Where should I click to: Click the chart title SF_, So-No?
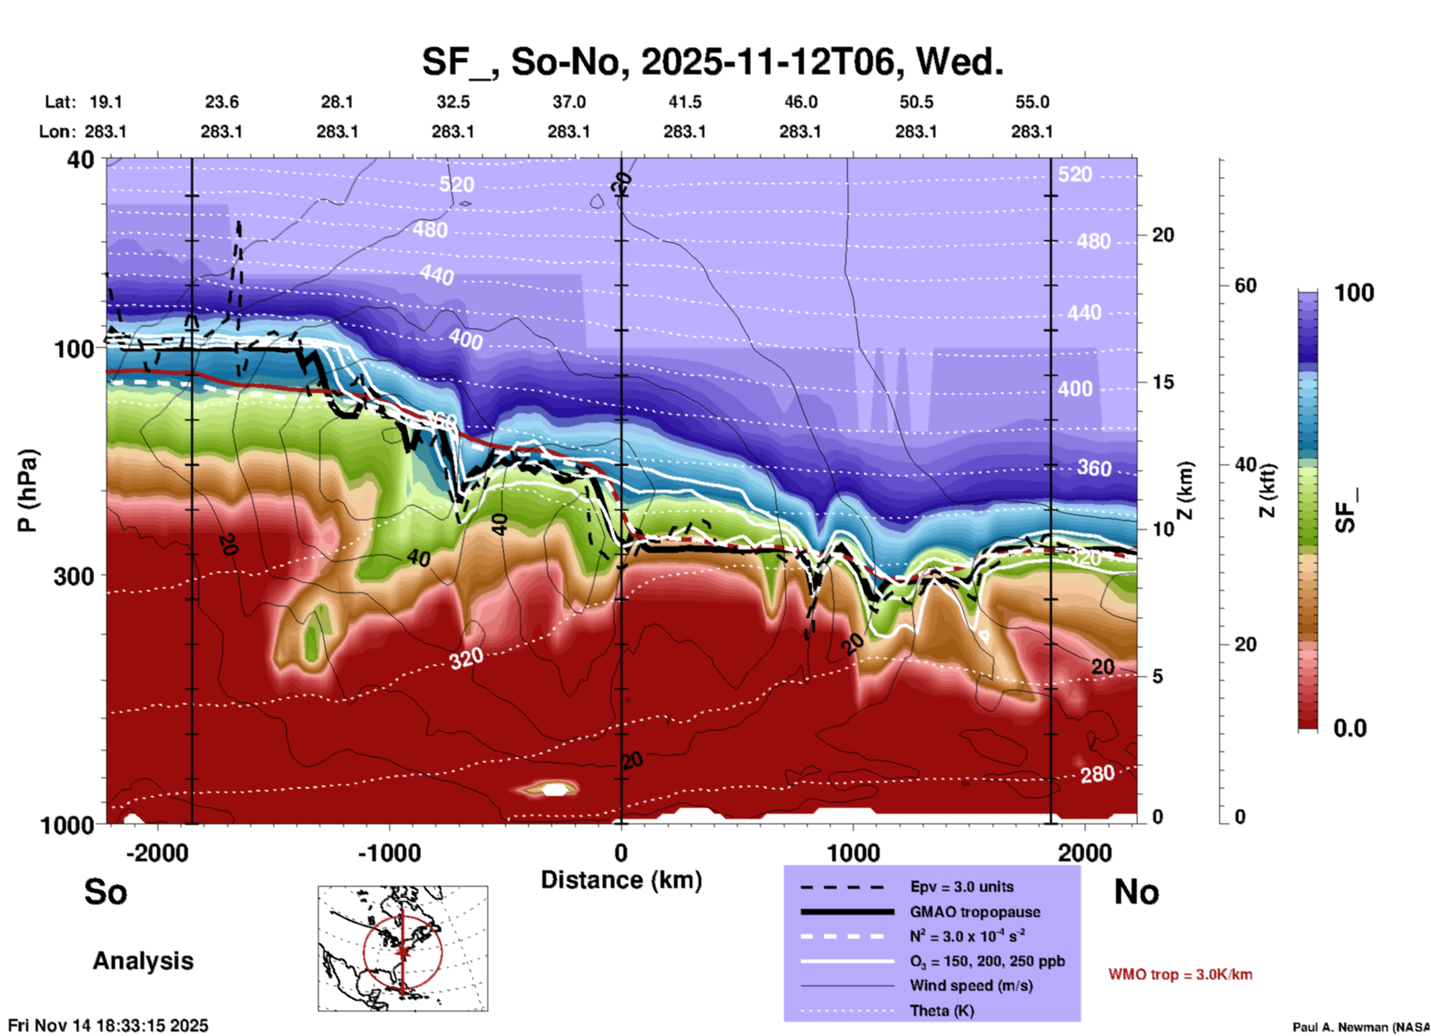click(x=712, y=61)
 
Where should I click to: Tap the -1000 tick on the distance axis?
click(x=389, y=852)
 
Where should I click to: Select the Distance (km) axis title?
click(x=621, y=880)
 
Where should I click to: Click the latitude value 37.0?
click(x=568, y=102)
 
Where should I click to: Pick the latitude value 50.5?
click(x=915, y=102)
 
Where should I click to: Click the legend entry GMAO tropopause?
click(x=974, y=912)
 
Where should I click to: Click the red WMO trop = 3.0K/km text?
click(x=1180, y=974)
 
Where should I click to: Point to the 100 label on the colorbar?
click(x=1354, y=293)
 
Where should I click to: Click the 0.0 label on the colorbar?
click(x=1350, y=728)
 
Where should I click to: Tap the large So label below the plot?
click(x=106, y=892)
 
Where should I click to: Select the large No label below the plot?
click(x=1136, y=892)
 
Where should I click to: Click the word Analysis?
click(x=143, y=961)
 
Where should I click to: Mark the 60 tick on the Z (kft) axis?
click(x=1245, y=285)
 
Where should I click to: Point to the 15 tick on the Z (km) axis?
click(x=1163, y=382)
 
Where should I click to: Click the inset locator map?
click(x=403, y=948)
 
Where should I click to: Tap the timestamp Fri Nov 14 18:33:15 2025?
click(x=108, y=1026)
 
